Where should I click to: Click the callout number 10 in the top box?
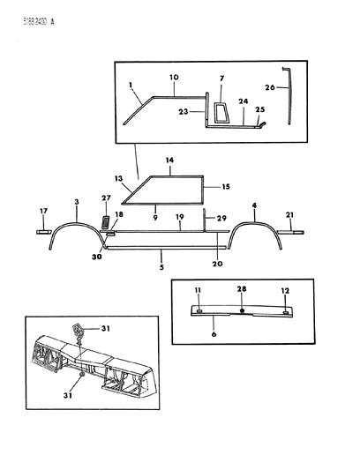(x=174, y=78)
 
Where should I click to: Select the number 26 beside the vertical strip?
(x=270, y=86)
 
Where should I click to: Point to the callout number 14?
(x=169, y=161)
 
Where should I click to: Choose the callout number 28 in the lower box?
(x=242, y=288)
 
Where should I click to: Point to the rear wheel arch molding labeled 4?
(x=255, y=231)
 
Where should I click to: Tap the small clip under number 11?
(x=200, y=308)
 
